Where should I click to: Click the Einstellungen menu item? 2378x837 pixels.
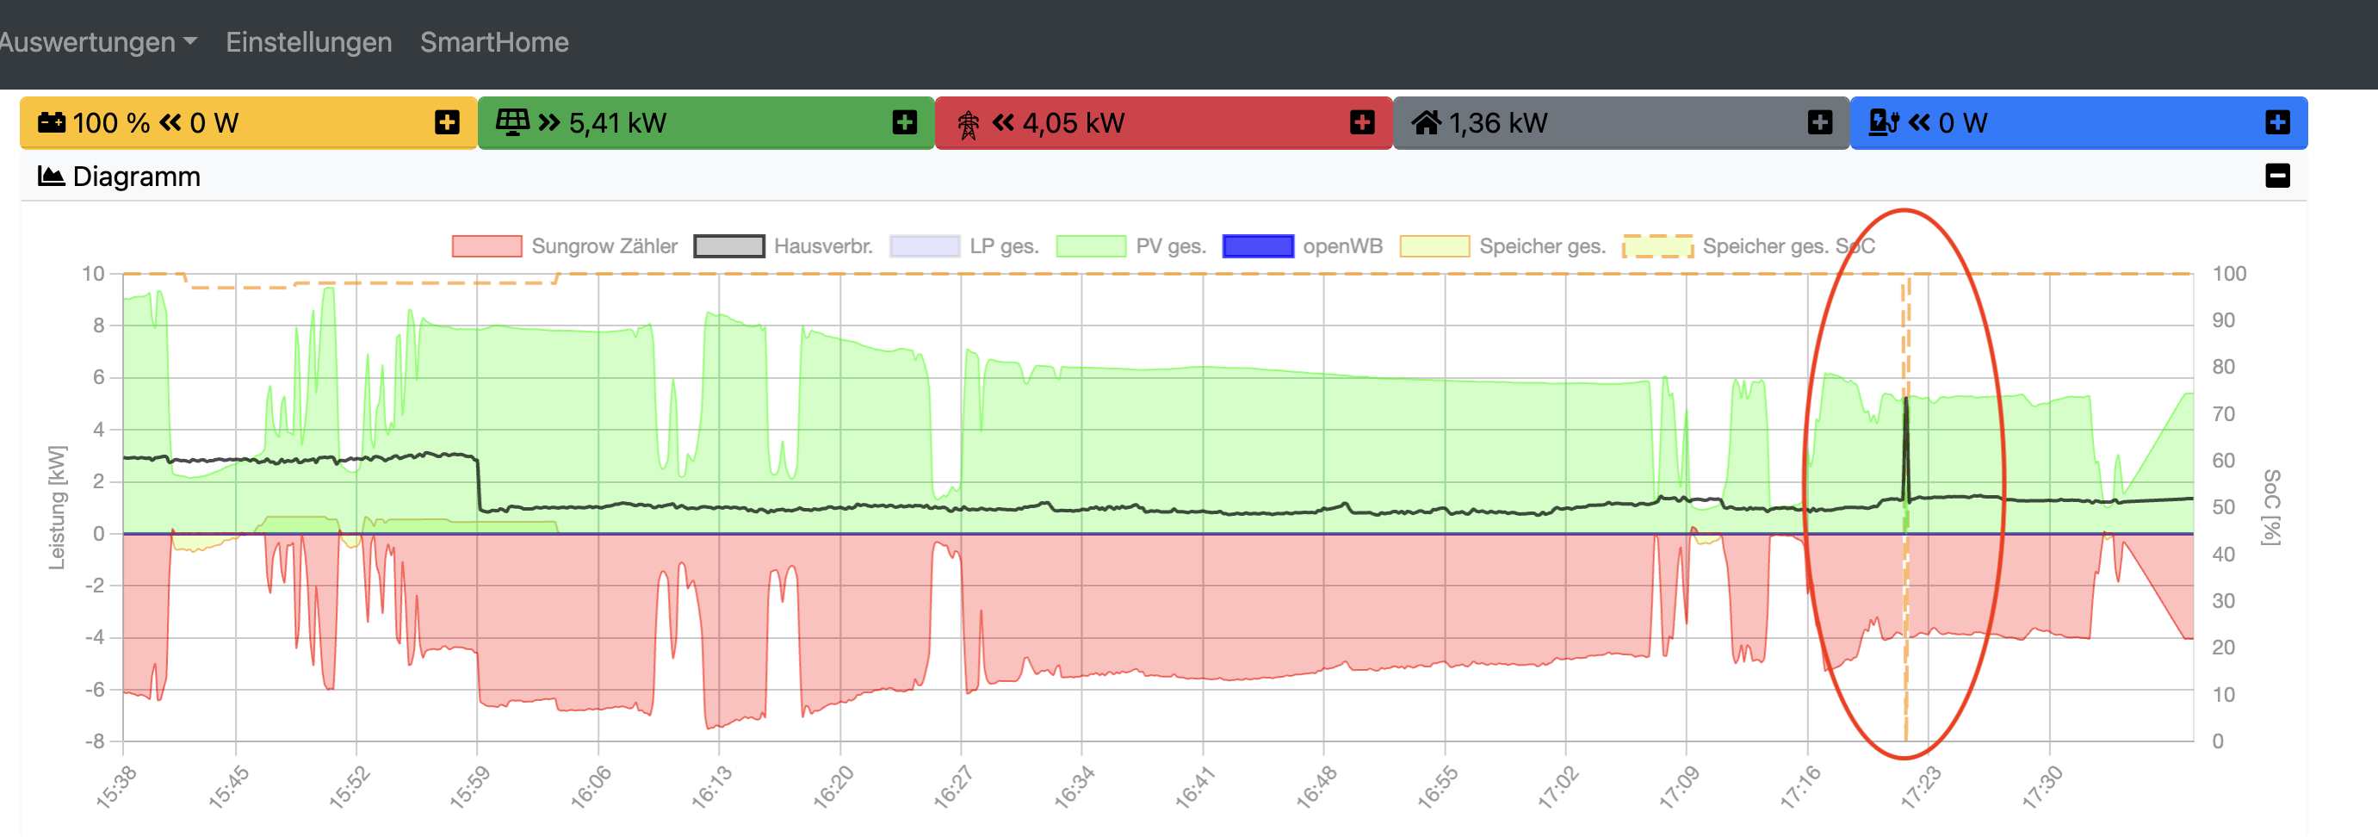(308, 42)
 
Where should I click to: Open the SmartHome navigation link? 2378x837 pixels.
(494, 42)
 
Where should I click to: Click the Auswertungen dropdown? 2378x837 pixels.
(96, 42)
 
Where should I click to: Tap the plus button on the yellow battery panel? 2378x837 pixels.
(447, 123)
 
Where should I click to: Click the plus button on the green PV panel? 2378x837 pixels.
(905, 123)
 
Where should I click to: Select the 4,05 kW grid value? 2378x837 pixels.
(1073, 123)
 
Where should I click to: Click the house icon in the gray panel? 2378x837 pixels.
(1425, 123)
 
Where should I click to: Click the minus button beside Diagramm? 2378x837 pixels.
(2276, 177)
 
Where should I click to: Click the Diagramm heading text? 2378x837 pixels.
(136, 177)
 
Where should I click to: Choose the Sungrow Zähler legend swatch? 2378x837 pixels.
(486, 246)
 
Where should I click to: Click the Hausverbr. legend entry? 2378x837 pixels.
(822, 246)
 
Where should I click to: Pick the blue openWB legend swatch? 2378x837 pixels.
(1257, 246)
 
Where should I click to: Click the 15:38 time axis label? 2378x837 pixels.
(116, 787)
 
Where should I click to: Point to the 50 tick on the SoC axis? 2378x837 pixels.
(2223, 507)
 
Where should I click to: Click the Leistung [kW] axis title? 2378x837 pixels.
(57, 507)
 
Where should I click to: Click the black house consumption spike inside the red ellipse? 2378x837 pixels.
(1906, 443)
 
